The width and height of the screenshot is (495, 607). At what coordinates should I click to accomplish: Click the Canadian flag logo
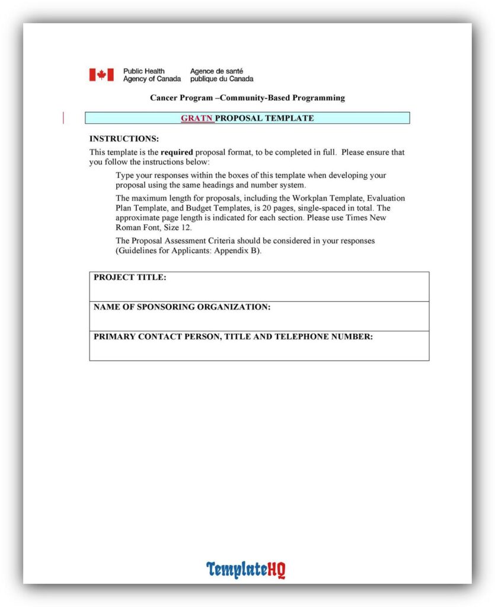click(x=101, y=75)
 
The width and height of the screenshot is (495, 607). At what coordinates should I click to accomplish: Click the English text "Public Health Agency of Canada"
click(x=152, y=75)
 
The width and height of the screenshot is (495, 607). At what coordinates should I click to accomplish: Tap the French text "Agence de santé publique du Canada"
click(x=221, y=75)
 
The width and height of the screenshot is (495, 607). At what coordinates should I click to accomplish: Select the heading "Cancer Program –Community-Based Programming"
click(x=247, y=98)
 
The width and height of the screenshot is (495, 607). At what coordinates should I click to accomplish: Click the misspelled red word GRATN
click(x=196, y=118)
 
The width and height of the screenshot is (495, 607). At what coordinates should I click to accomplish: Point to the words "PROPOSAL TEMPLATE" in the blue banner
click(x=264, y=118)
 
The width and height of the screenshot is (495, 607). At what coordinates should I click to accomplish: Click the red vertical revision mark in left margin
click(x=63, y=118)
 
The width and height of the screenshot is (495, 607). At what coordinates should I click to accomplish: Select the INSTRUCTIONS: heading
click(x=124, y=139)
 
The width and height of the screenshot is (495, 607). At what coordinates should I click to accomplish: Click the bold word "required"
click(x=177, y=152)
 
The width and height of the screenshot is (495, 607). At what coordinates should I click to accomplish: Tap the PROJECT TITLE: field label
click(x=130, y=277)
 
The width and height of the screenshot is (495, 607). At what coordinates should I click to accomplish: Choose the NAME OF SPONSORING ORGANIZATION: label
click(x=182, y=307)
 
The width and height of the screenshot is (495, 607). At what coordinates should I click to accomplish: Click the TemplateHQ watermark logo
click(x=246, y=570)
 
